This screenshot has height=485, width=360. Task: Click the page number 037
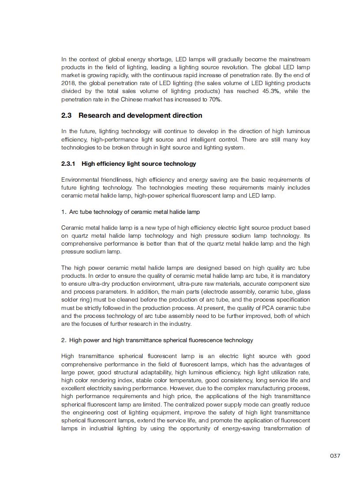(x=335, y=455)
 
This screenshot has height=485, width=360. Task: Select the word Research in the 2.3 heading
(x=94, y=116)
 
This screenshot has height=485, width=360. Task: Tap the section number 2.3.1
(x=68, y=164)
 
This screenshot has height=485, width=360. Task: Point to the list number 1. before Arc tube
(x=64, y=212)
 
